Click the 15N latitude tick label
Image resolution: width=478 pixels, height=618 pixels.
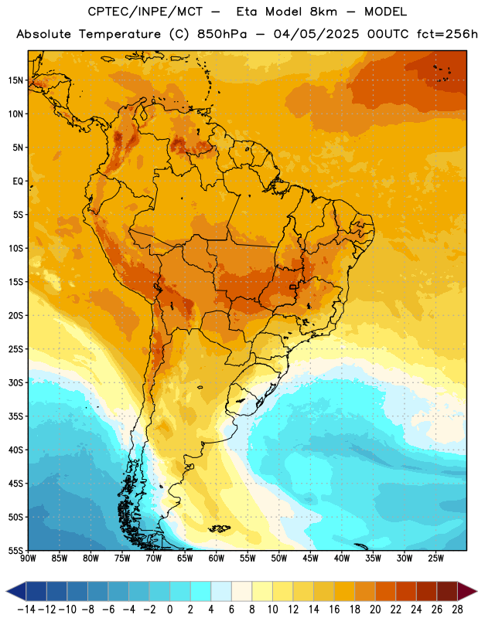pos(15,80)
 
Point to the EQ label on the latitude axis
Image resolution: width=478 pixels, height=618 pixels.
pos(18,182)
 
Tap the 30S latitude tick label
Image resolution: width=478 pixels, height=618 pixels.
pos(15,382)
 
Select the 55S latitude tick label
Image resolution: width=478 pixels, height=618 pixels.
pos(15,551)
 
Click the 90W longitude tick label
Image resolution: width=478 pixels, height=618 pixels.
pos(28,559)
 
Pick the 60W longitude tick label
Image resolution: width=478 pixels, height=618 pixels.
pos(217,559)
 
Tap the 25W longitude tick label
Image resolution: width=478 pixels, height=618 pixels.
pos(435,559)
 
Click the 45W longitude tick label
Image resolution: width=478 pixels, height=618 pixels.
pos(310,559)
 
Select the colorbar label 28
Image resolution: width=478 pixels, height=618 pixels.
pos(457,610)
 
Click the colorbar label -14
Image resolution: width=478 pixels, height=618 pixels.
pos(26,610)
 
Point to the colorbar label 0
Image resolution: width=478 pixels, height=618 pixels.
pos(169,610)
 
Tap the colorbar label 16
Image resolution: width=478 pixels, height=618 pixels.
pos(334,610)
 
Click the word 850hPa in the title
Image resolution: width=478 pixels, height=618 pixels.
pos(222,34)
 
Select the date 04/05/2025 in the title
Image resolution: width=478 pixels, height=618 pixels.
pos(316,34)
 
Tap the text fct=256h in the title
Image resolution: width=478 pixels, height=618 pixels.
pos(447,34)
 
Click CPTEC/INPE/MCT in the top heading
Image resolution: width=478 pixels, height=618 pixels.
pos(145,12)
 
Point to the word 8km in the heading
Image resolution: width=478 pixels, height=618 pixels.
pos(323,12)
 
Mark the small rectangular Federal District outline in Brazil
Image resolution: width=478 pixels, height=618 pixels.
pos(292,287)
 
